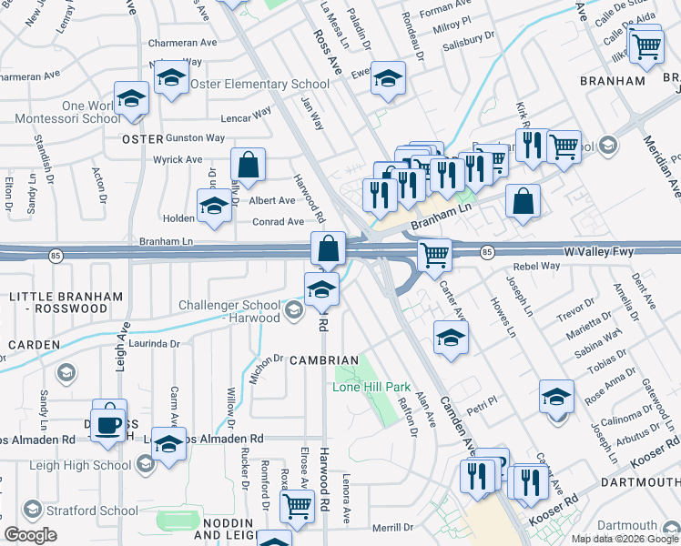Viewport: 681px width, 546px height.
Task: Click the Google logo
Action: pyautogui.click(x=31, y=534)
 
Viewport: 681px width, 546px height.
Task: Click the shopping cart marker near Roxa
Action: pyautogui.click(x=297, y=508)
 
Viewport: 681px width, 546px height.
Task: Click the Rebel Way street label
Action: pyautogui.click(x=536, y=266)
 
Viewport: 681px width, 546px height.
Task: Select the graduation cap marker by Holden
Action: pyautogui.click(x=215, y=207)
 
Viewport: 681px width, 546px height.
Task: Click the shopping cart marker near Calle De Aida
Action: pyautogui.click(x=645, y=45)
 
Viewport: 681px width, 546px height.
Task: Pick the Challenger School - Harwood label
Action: pyautogui.click(x=229, y=311)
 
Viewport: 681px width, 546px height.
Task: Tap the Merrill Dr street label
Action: pyautogui.click(x=392, y=528)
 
